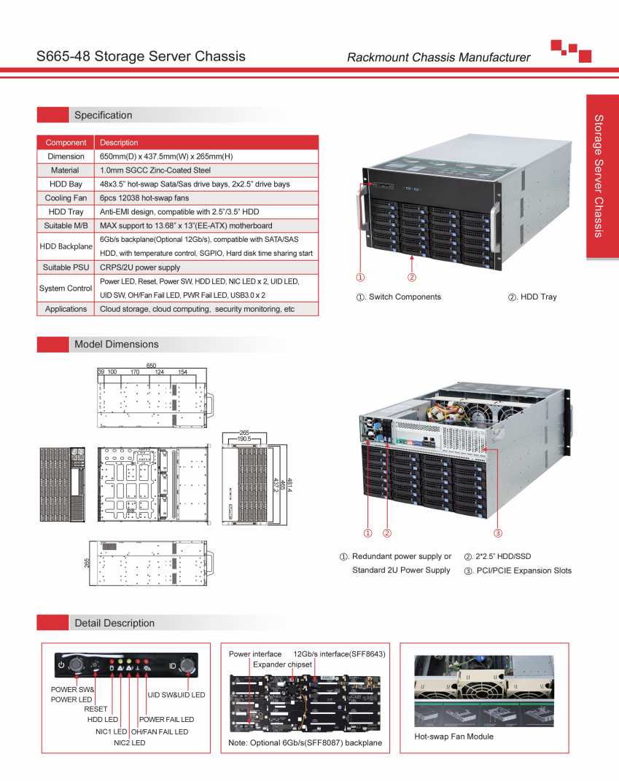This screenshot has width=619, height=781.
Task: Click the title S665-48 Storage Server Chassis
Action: pyautogui.click(x=141, y=56)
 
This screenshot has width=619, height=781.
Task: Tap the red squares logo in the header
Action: pyautogui.click(x=570, y=50)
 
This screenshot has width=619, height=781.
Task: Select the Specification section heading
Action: pyautogui.click(x=103, y=115)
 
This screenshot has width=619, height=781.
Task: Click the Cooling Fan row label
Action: pyautogui.click(x=66, y=197)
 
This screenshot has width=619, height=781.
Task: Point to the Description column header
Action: pyautogui.click(x=119, y=143)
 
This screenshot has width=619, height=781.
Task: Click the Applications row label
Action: pyautogui.click(x=66, y=309)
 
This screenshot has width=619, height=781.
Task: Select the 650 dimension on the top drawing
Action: pyautogui.click(x=152, y=366)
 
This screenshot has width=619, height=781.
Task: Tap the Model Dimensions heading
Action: pyautogui.click(x=116, y=344)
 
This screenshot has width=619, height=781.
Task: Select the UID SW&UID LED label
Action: pyautogui.click(x=176, y=694)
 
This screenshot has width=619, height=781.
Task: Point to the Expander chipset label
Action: pyautogui.click(x=282, y=664)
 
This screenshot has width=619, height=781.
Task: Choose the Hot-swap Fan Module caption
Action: pyautogui.click(x=453, y=737)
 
